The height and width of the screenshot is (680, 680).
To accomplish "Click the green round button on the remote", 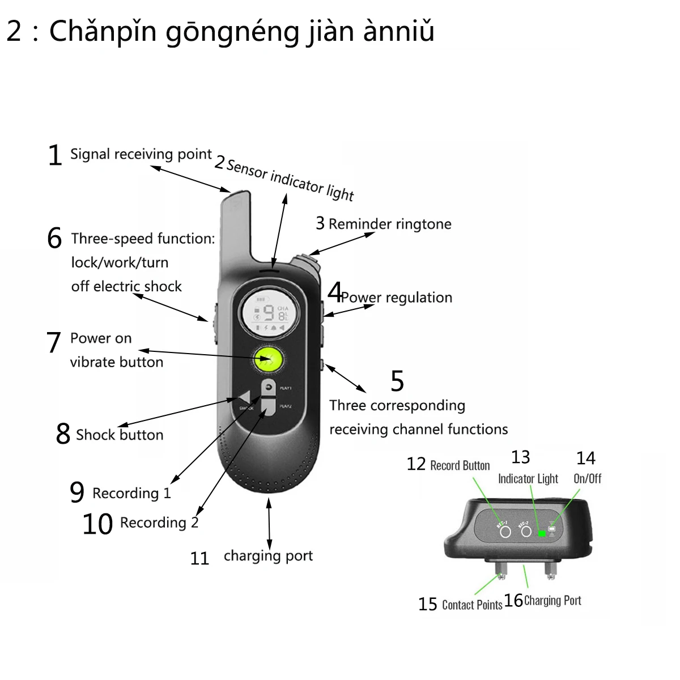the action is click(x=269, y=359).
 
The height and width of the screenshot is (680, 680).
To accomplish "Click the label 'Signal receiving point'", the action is click(x=141, y=154).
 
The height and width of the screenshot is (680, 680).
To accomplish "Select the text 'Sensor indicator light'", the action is click(x=290, y=180).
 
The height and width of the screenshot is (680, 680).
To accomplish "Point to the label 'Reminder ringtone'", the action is click(x=390, y=224).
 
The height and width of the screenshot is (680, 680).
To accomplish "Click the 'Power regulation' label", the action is click(x=397, y=297).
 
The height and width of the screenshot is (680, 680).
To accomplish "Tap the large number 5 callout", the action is click(x=397, y=381).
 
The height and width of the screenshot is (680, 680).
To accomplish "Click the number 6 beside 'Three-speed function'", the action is click(x=54, y=238).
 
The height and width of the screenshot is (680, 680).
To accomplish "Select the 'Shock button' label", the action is click(x=120, y=435).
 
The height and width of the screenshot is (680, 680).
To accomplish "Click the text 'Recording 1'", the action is click(x=131, y=493).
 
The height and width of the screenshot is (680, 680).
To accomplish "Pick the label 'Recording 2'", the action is click(x=159, y=522).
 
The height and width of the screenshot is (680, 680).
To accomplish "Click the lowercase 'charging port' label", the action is click(x=268, y=556).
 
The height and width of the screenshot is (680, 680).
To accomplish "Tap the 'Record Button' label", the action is click(x=460, y=466).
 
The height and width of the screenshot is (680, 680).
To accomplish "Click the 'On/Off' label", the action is click(x=587, y=478).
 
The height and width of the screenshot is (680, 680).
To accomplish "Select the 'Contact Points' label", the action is click(x=472, y=605).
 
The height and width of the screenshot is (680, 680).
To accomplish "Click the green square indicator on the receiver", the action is click(x=542, y=533).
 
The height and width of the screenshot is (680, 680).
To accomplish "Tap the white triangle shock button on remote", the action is click(x=244, y=397).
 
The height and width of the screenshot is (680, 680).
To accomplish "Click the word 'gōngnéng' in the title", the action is click(x=232, y=32).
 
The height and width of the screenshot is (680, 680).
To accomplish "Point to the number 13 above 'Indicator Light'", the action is click(x=520, y=457).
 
